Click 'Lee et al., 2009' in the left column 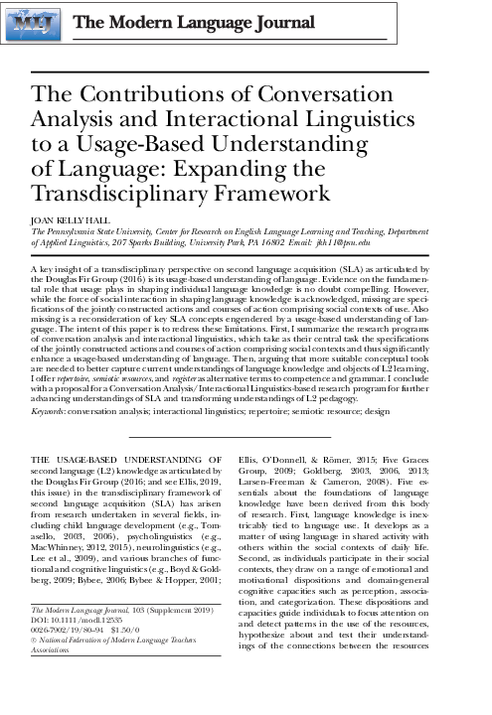point(66,559)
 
